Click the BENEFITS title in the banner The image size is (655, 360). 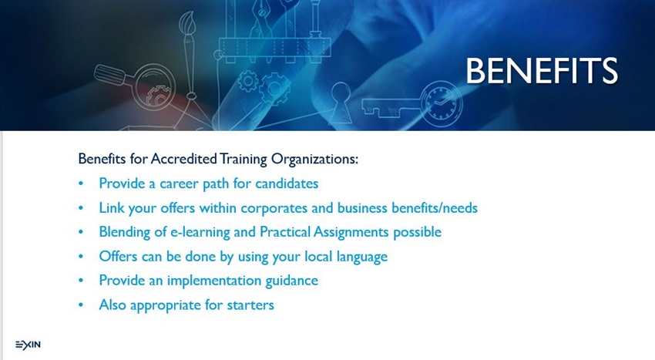(542, 71)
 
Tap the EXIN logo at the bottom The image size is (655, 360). (28, 345)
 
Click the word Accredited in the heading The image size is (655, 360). (184, 159)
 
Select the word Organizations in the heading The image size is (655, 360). (314, 160)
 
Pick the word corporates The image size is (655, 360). (274, 208)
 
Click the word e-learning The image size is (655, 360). (200, 233)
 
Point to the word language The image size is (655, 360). (362, 257)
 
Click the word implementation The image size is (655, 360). (214, 281)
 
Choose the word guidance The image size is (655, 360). (291, 281)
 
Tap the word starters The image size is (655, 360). (250, 305)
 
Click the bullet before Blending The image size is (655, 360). (81, 232)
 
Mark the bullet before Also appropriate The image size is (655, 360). (81, 305)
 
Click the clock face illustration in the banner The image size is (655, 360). (441, 103)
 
